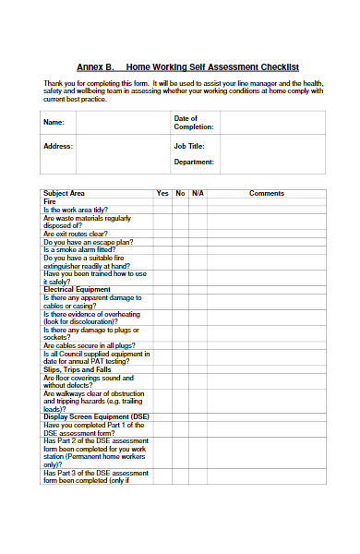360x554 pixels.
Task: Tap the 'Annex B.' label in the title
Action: [95, 67]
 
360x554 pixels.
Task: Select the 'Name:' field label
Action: [54, 122]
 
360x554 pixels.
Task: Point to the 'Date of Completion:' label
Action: [193, 123]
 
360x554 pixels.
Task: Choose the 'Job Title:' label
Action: [189, 146]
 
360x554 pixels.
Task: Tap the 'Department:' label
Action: [194, 162]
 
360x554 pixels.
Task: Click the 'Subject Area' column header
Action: [65, 193]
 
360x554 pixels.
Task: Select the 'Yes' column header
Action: [162, 193]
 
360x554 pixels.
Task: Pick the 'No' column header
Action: [181, 193]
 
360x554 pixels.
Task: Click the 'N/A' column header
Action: [198, 193]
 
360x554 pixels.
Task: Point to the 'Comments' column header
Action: [267, 193]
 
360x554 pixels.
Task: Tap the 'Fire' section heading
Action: [50, 201]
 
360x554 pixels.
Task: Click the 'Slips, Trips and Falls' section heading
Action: [78, 369]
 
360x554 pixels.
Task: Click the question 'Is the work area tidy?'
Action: [78, 210]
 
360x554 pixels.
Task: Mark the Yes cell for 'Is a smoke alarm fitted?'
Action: [162, 249]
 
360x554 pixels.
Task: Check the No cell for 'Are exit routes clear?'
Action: [181, 234]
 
